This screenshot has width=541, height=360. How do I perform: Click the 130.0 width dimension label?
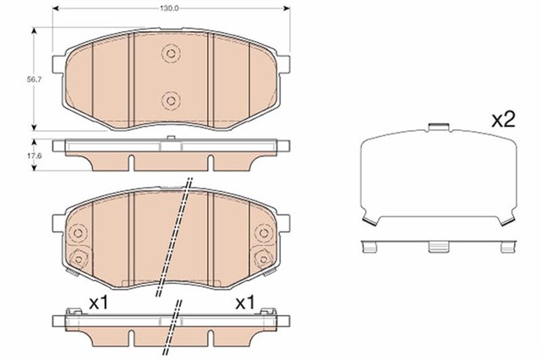coord(172,6)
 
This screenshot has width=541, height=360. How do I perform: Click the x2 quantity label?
coord(503,120)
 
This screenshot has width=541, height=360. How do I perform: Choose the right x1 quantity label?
coord(245,301)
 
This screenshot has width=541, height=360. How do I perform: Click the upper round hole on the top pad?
coord(172,54)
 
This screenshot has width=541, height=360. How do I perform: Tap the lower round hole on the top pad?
coord(172,101)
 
